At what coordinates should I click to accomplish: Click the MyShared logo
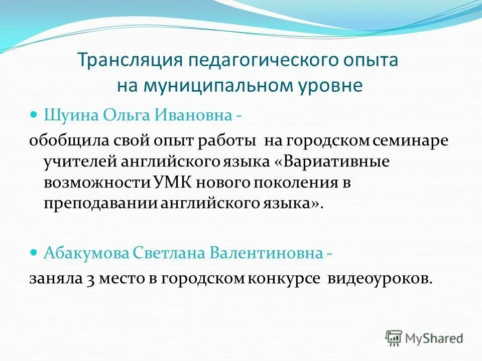[x=424, y=337]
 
